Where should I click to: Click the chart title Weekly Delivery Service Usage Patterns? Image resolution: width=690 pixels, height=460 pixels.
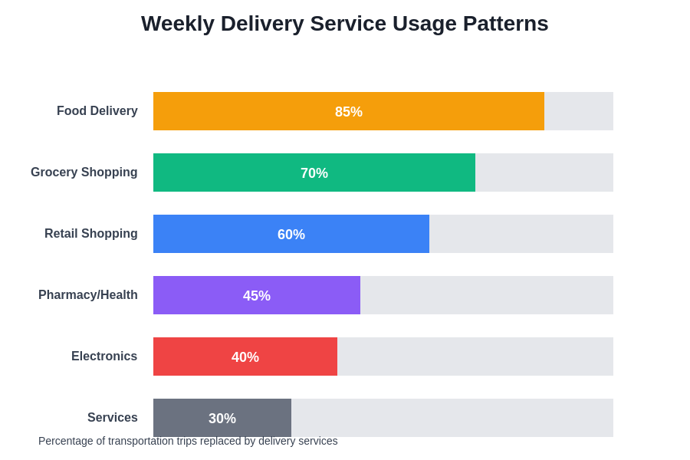click(x=344, y=24)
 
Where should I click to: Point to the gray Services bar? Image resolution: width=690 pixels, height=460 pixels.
click(x=176, y=414)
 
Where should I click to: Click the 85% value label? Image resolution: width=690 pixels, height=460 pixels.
click(x=349, y=112)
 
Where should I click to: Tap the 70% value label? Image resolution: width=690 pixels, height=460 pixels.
click(x=314, y=173)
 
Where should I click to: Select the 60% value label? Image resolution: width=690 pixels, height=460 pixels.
click(x=291, y=235)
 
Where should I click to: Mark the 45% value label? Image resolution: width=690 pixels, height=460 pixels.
click(x=257, y=296)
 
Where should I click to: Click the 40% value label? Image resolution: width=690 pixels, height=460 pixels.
click(x=245, y=357)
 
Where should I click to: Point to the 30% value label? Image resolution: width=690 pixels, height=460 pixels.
click(x=222, y=419)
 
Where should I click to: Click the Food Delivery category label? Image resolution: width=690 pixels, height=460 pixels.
click(x=97, y=111)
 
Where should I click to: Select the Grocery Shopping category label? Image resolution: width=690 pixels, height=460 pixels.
click(x=84, y=172)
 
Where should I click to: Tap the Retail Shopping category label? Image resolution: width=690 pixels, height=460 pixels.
click(x=91, y=234)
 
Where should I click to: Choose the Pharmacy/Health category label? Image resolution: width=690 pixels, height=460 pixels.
click(x=88, y=295)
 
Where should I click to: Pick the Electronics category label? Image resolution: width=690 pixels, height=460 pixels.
click(x=104, y=356)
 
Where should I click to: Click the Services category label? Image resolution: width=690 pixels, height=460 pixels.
click(x=113, y=418)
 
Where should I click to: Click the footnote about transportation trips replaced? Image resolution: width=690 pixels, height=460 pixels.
click(x=188, y=442)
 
